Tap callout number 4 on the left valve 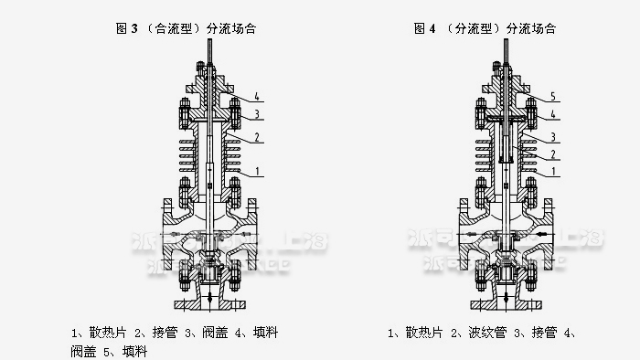pos(258,97)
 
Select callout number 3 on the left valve pos(258,114)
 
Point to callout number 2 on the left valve pos(258,137)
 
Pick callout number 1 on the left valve pos(258,171)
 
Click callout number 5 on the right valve pos(552,97)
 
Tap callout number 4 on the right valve pos(552,114)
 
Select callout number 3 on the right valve pos(552,137)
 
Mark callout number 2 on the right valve pos(552,155)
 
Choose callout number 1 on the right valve pos(552,171)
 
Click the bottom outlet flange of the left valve pos(209,301)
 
